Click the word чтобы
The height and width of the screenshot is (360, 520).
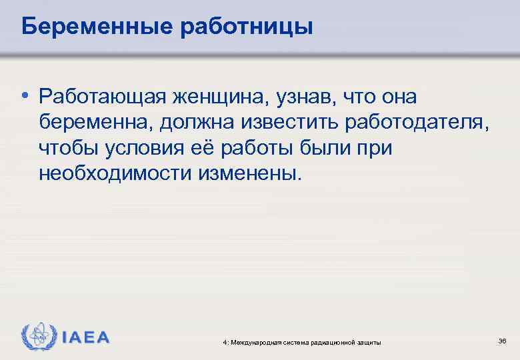coord(67,148)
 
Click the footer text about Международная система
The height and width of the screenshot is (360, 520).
coord(303,342)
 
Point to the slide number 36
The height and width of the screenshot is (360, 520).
coord(502,341)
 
